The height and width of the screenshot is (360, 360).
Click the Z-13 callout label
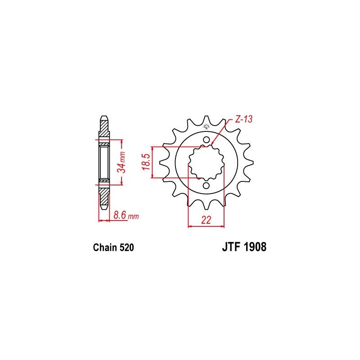click(243, 119)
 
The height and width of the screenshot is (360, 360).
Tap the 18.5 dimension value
click(146, 162)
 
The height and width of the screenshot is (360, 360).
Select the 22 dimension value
click(206, 220)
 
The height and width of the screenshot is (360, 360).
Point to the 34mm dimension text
click(121, 162)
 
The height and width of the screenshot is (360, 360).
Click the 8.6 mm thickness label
click(126, 216)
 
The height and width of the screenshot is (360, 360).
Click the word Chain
click(105, 247)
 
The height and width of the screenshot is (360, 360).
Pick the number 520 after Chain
click(126, 247)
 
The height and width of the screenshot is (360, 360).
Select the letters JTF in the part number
click(231, 247)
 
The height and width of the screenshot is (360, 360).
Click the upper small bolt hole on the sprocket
click(207, 140)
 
